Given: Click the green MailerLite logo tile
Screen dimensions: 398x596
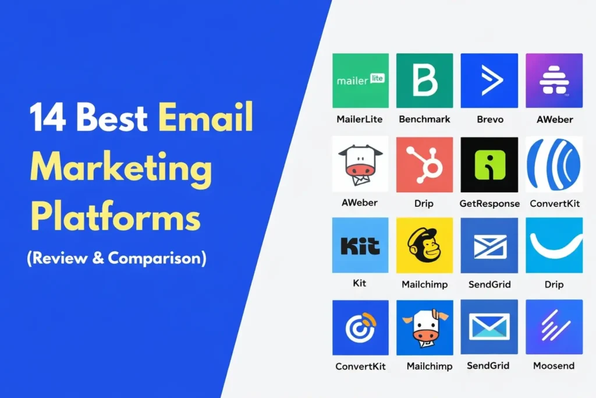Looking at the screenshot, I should tap(360, 80).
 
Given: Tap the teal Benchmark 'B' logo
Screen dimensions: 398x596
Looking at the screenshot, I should tap(424, 80).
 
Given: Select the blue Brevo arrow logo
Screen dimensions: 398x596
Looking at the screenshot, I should tap(489, 80).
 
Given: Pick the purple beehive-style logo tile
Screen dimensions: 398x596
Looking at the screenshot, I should tap(554, 80).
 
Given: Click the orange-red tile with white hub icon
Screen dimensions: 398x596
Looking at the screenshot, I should tap(424, 164).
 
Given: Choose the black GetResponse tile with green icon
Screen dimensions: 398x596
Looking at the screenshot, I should tap(489, 164).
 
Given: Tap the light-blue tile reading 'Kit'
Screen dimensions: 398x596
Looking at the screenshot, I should tap(360, 245).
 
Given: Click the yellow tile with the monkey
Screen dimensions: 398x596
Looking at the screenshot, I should tap(424, 245).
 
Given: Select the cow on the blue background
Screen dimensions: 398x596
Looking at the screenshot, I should tap(424, 327).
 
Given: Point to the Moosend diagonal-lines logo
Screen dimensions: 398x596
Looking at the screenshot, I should tap(554, 327).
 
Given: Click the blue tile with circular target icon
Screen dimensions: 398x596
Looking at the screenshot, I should tap(360, 327).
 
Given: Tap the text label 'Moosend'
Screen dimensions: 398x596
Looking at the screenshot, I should tap(554, 366).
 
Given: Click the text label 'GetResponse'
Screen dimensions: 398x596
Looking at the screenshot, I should tap(489, 203).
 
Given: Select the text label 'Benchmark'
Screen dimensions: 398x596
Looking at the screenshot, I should tap(424, 119).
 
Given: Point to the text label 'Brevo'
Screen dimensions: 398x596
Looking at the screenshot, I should tap(489, 119).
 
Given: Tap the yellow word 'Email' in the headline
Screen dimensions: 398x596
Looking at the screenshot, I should tap(206, 118).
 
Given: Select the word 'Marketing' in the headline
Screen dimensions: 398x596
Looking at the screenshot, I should tap(121, 170).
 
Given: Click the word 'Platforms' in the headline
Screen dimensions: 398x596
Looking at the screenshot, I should tap(115, 220).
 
